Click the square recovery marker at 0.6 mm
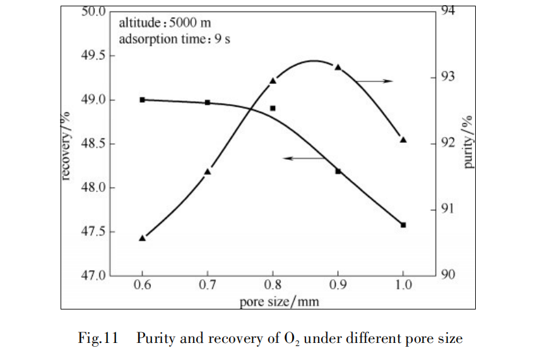pos(143,100)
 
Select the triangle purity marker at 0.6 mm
pos(143,238)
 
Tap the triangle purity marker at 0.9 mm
pos(338,67)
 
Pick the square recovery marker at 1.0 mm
pos(403,225)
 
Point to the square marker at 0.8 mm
pos(273,108)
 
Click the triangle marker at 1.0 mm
pos(403,140)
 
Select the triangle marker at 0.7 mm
pos(208,171)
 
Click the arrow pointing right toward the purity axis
pos(374,81)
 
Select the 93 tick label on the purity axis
pos(447,77)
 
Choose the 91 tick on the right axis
pos(447,209)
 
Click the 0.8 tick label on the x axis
pos(273,285)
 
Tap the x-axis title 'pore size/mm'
pos(279,301)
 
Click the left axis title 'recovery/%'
pos(66,145)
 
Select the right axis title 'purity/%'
pos(468,142)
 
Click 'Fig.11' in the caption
pos(98,339)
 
